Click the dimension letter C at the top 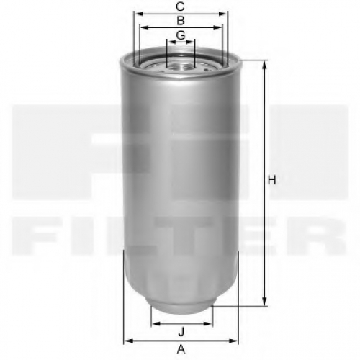tap(180, 6)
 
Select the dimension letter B tap(181, 21)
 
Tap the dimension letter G tap(181, 35)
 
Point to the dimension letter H tap(272, 180)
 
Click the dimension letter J tap(181, 332)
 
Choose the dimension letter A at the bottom tap(181, 349)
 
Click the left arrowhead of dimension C tap(138, 14)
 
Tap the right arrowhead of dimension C tap(222, 14)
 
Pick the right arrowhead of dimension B tap(217, 28)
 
